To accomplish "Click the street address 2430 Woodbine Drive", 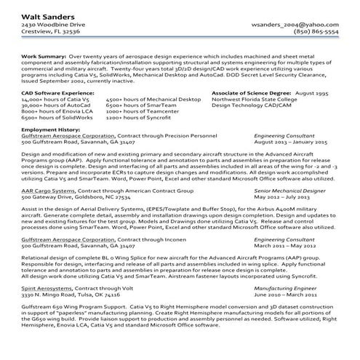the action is click(48, 23).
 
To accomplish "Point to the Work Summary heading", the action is click(42, 55).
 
